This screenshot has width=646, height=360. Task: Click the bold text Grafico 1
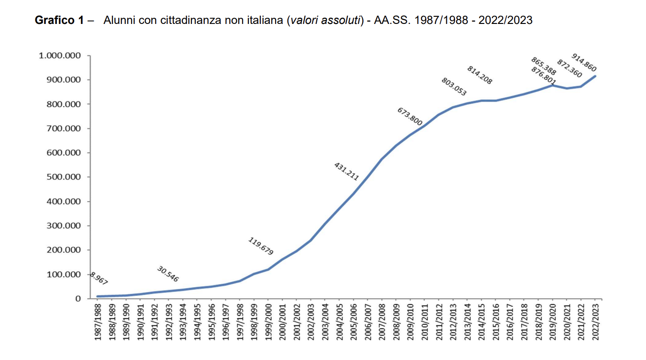coord(59,21)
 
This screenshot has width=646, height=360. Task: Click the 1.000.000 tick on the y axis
coord(60,56)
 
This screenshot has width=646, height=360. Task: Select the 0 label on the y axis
coord(78,299)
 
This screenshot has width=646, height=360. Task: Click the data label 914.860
coord(584,63)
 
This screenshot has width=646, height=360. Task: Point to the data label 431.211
coord(346,171)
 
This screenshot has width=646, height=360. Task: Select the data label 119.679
coord(261,246)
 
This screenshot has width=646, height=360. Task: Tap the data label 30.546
coord(167,274)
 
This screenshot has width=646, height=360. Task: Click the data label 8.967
coord(98,279)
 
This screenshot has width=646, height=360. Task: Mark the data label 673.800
coord(410,117)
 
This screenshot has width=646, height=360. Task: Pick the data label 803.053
coord(454,87)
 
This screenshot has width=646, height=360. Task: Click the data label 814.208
coord(479,75)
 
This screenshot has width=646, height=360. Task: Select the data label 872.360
coord(569,68)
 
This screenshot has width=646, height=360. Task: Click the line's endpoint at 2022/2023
coord(595,76)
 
